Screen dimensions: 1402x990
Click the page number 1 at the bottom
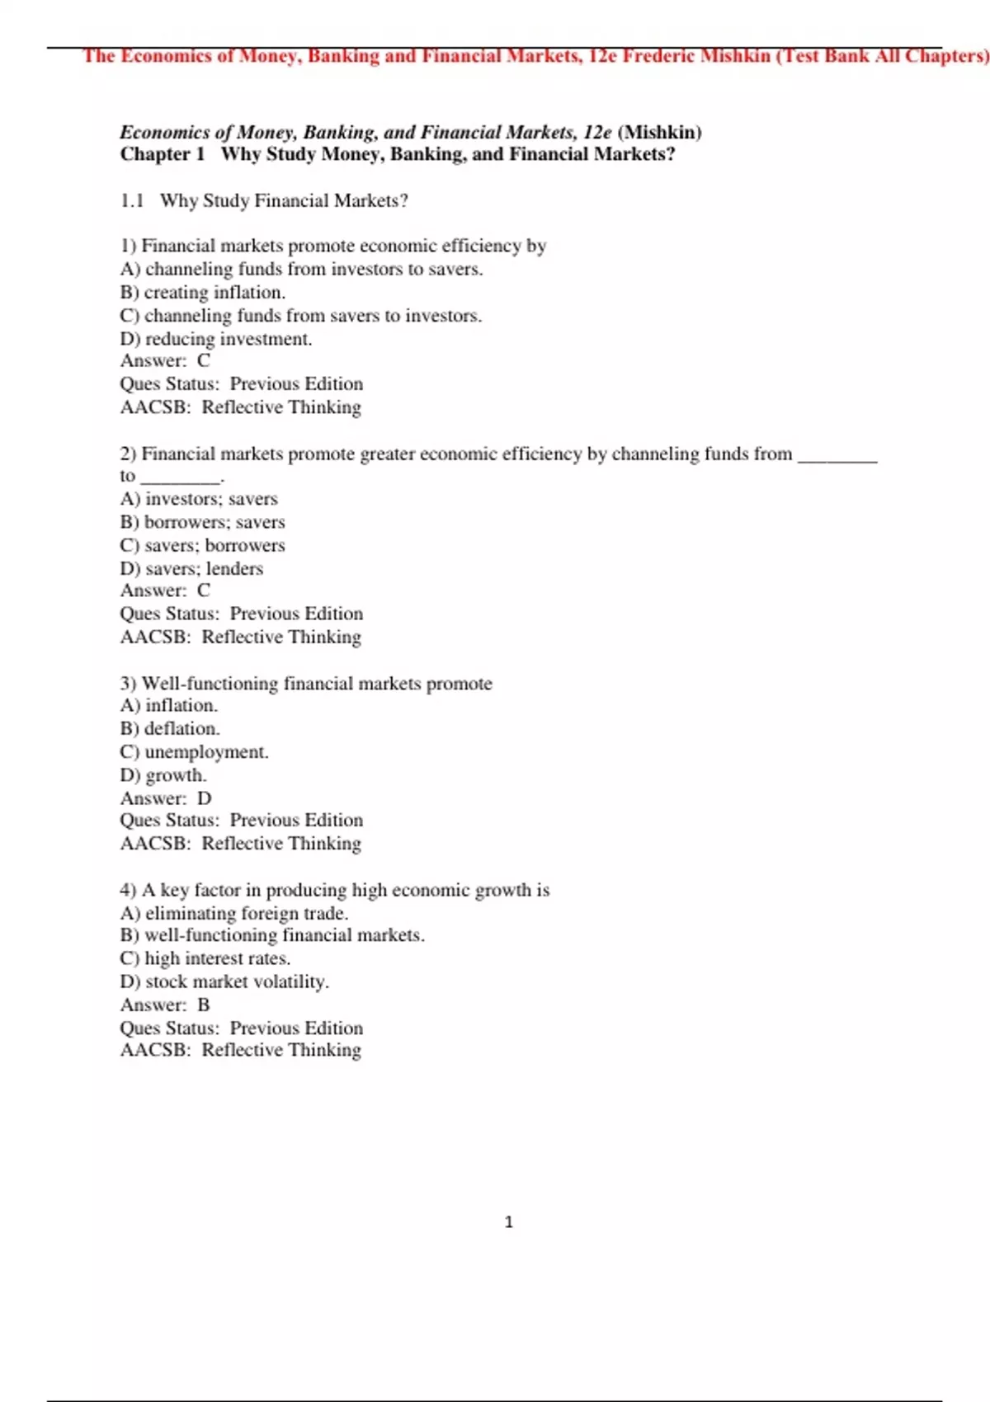click(508, 1221)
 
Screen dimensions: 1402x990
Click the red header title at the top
click(535, 56)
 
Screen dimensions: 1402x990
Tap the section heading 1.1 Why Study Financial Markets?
click(264, 200)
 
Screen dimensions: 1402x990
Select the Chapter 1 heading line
click(397, 154)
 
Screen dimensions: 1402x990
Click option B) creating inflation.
click(203, 292)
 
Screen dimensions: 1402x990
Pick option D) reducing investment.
click(216, 338)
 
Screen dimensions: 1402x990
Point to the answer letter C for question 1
click(204, 360)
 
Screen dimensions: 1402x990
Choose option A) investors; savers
click(199, 498)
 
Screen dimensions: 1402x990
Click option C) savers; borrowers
click(203, 545)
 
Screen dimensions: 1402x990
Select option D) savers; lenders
click(192, 568)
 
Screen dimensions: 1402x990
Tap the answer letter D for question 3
click(205, 798)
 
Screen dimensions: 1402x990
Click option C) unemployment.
click(195, 751)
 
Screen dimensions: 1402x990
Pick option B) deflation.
click(170, 728)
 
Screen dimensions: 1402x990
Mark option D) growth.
click(163, 775)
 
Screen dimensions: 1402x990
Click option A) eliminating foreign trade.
click(234, 913)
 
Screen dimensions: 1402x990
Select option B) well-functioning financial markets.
click(272, 935)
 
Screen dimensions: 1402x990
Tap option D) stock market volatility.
click(224, 981)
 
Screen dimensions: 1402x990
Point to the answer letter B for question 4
click(204, 1004)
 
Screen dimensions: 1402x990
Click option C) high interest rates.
click(205, 958)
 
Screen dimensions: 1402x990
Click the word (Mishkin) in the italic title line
click(659, 132)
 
